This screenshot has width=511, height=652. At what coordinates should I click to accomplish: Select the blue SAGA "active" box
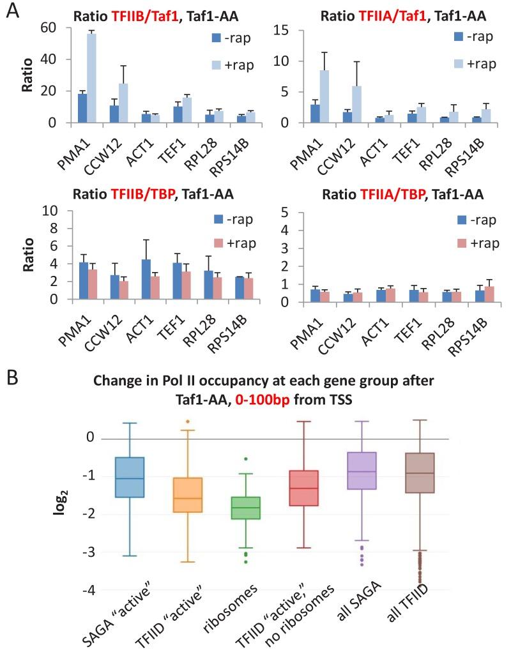[130, 477]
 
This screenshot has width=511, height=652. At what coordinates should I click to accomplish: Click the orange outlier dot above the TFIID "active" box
[188, 421]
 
